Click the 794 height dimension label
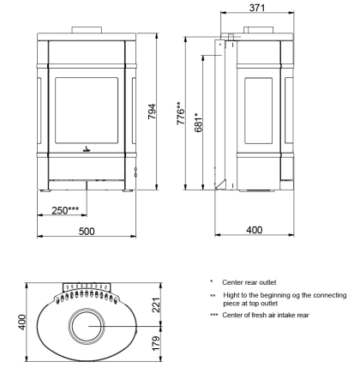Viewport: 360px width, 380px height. (x=152, y=112)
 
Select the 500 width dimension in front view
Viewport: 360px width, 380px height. (x=87, y=231)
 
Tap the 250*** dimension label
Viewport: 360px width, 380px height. (x=65, y=210)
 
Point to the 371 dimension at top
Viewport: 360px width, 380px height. (x=257, y=8)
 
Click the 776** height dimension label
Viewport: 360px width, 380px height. (x=181, y=113)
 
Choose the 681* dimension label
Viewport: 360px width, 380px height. (x=198, y=123)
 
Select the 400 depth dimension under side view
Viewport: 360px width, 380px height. (x=255, y=230)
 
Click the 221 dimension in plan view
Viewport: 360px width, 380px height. (x=156, y=305)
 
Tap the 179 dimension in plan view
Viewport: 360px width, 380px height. (x=156, y=343)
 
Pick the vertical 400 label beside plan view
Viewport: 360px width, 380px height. (x=21, y=323)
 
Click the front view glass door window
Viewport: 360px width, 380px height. (x=87, y=111)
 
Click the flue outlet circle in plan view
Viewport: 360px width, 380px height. (x=87, y=326)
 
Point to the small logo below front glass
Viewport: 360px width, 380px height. (x=87, y=149)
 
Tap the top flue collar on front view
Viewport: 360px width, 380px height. (x=87, y=30)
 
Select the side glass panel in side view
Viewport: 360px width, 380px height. (x=259, y=111)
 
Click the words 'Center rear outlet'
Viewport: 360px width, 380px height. (x=249, y=282)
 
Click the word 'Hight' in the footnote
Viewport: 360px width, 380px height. (x=231, y=295)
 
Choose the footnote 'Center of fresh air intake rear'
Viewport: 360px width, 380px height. (x=266, y=315)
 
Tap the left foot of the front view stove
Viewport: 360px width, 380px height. (x=45, y=190)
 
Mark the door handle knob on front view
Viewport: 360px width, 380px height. (x=136, y=172)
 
